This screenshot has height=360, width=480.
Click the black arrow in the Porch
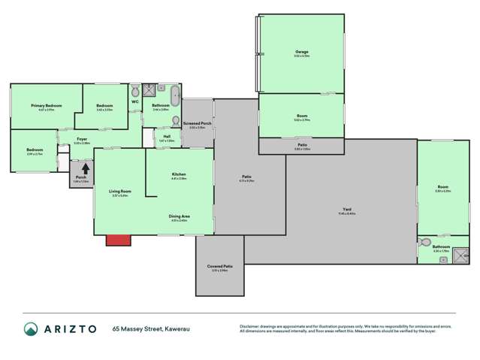[85, 169]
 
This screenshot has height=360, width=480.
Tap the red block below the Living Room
[117, 240]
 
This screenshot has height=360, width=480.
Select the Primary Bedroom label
[46, 106]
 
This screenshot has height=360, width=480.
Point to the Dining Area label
[179, 216]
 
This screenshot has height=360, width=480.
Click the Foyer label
[83, 139]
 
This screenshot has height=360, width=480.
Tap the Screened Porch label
[197, 125]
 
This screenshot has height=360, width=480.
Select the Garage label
[301, 52]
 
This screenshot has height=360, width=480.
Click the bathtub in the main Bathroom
[175, 95]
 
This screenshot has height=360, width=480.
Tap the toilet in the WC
[135, 92]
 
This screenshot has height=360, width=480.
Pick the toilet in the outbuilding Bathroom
[425, 243]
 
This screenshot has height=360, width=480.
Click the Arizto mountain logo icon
[31, 329]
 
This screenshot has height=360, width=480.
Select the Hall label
[166, 137]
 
